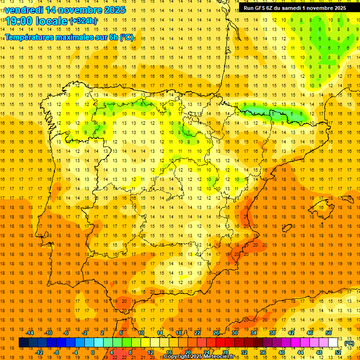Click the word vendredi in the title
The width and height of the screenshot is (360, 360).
(x=23, y=10)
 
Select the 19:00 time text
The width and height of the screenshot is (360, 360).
(x=20, y=21)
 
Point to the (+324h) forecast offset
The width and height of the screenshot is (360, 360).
(x=83, y=21)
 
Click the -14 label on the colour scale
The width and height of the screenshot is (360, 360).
(x=30, y=333)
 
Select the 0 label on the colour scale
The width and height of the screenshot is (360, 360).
(x=93, y=352)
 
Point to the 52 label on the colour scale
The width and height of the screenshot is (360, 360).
(x=338, y=352)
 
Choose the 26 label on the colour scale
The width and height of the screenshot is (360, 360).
(x=216, y=333)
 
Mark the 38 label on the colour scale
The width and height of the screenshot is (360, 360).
(x=272, y=333)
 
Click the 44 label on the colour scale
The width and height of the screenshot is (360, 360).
(x=300, y=352)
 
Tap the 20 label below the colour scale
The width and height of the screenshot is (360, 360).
(x=187, y=352)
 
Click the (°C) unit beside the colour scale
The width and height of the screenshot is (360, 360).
(x=349, y=343)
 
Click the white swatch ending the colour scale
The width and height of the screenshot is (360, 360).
(x=333, y=343)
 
